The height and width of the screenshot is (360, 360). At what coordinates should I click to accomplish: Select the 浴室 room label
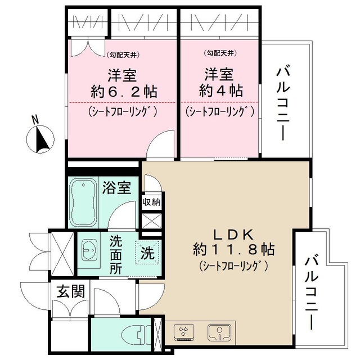[117, 187]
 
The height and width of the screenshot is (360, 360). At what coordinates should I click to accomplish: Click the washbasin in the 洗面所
[89, 247]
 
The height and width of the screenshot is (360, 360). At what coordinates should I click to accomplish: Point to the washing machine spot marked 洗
[147, 252]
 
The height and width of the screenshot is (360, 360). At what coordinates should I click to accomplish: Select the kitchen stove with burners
[184, 333]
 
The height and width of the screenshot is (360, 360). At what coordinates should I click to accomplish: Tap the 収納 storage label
[151, 201]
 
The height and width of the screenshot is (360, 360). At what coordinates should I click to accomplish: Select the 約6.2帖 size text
[123, 92]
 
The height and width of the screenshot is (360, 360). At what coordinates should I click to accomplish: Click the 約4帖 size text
[220, 92]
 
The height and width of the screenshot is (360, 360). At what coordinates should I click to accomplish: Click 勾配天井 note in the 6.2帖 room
[123, 55]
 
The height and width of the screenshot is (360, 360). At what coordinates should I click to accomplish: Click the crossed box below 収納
[152, 220]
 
